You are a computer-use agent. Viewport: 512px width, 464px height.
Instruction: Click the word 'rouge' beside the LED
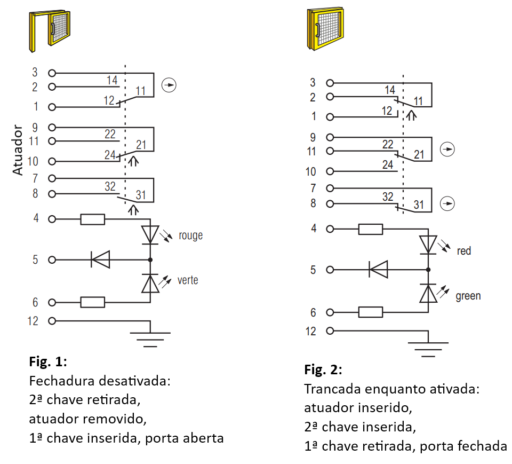pos(191,236)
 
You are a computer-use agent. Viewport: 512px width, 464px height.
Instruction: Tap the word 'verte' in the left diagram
pos(188,280)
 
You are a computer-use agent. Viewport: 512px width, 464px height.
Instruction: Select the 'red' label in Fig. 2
pos(463,251)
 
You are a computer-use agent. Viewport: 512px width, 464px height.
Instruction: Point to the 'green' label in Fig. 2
pos(468,296)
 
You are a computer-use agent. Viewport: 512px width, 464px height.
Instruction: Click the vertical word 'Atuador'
pos(18,150)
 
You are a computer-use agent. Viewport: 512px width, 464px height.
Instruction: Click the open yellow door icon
pos(50,31)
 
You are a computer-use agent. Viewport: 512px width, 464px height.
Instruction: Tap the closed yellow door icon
pos(325,29)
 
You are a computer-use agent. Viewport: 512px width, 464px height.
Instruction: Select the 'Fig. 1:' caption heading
pos(48,361)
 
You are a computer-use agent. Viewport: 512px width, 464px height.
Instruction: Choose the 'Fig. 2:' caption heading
pos(323,370)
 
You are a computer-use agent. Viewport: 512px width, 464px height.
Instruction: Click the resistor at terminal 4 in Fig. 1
pos(93,219)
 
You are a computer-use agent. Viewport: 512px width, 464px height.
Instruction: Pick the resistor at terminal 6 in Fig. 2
pos(371,312)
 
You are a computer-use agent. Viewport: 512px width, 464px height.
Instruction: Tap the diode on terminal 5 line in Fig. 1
pos(100,259)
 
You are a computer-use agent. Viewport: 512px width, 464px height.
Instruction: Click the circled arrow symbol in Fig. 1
pos(169,85)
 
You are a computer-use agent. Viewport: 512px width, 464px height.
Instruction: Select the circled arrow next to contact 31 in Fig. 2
pos(447,204)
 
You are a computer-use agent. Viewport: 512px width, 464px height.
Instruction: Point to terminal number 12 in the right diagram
pos(310,331)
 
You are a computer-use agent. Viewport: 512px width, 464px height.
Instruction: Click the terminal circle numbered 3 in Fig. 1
pos(52,73)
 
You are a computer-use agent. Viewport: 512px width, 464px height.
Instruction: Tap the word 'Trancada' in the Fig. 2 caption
pos(332,389)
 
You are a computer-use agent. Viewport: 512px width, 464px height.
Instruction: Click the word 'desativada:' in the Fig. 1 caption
pos(134,381)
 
